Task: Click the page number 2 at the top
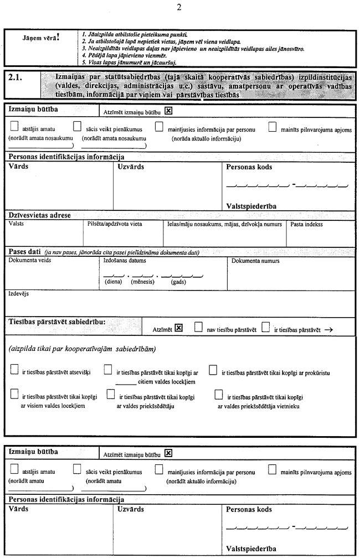pos(178,7)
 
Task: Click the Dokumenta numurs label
pos(255,261)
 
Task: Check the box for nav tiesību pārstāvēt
pos(198,328)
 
